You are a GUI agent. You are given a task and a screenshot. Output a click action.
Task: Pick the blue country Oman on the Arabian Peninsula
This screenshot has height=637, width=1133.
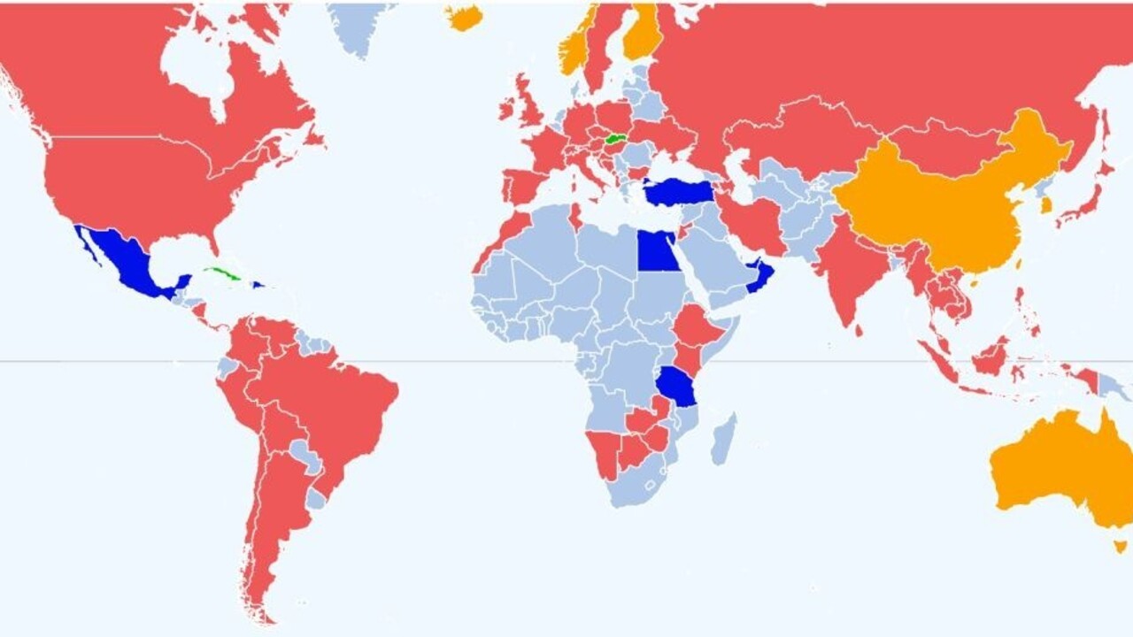[x=760, y=275]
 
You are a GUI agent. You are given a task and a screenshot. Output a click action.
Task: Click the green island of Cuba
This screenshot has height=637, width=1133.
[x=221, y=273]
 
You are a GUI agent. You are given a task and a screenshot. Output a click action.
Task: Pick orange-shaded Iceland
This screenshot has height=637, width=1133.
[x=465, y=16]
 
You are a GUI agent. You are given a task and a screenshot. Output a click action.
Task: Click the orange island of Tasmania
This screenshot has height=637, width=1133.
[x=1121, y=546]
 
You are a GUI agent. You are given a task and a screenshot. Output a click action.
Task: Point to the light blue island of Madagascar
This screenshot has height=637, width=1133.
[x=724, y=440]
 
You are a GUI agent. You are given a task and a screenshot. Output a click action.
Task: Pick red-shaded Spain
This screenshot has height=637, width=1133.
[x=522, y=187]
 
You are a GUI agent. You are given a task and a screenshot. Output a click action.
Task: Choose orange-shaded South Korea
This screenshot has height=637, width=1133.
[x=1046, y=204]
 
